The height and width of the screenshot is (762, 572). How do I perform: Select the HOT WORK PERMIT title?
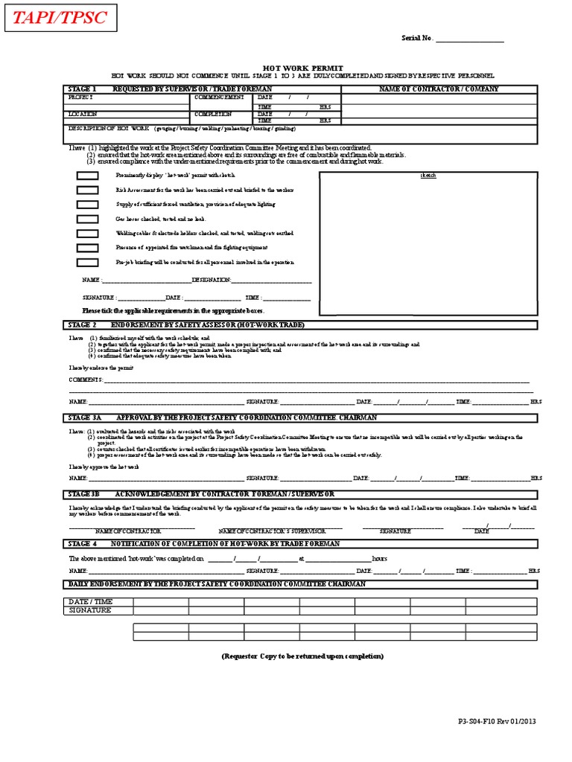tap(302, 67)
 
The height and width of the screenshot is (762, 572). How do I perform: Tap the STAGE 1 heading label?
tap(82, 89)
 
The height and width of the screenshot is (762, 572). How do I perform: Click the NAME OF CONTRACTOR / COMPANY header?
tap(439, 89)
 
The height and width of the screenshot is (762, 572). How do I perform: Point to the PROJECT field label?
tap(80, 97)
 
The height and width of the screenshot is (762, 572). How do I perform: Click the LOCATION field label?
tap(83, 114)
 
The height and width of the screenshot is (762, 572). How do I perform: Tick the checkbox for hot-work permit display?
tap(87, 176)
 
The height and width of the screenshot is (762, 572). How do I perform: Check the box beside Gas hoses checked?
tap(87, 219)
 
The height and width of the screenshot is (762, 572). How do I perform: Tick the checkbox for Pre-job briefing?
tap(87, 262)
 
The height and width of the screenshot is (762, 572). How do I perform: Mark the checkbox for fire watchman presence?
tap(87, 248)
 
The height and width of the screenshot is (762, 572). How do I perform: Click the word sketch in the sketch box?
tap(428, 176)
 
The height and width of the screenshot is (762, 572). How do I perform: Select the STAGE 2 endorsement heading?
tap(186, 325)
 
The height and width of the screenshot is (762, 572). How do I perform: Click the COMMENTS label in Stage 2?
tap(86, 380)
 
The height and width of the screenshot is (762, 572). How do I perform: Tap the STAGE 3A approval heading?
tap(223, 418)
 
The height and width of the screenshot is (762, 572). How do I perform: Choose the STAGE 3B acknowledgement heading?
tap(201, 494)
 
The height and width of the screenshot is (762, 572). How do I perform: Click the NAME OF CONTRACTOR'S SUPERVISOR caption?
tap(272, 531)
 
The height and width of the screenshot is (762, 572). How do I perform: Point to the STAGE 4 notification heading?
tap(204, 544)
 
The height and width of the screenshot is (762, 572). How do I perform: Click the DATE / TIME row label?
tap(90, 601)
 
